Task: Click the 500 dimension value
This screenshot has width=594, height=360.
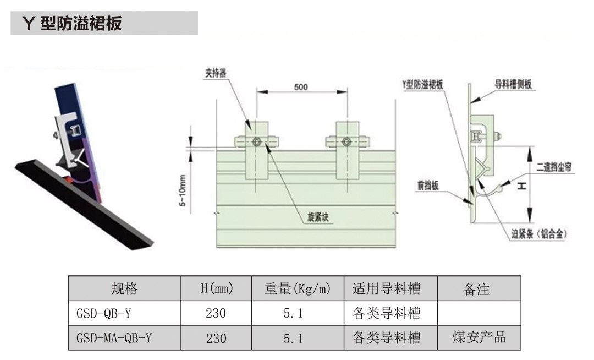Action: (x=301, y=87)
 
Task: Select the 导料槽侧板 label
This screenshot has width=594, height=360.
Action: (x=513, y=86)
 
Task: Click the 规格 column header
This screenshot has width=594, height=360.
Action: (x=124, y=288)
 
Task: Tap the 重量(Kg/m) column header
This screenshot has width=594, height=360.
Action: (x=298, y=288)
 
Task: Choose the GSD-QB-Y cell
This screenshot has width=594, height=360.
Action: (x=104, y=314)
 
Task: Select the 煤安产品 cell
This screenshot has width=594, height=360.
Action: (x=479, y=337)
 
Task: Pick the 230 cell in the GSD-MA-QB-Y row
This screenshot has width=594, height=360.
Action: (x=216, y=338)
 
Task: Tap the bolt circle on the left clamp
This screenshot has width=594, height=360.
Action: (x=257, y=142)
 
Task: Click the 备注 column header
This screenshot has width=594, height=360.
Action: (x=476, y=288)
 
